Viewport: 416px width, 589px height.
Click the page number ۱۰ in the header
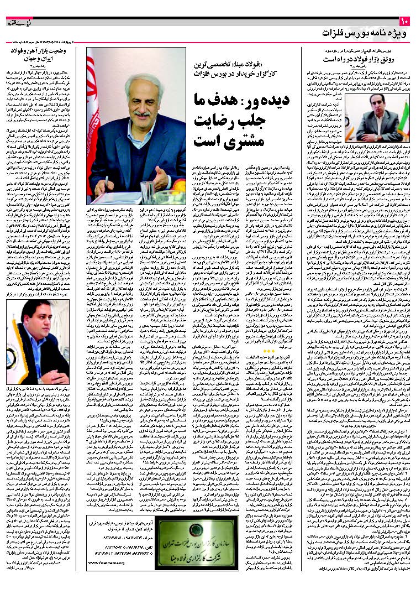403,22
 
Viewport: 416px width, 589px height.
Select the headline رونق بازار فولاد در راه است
357,58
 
